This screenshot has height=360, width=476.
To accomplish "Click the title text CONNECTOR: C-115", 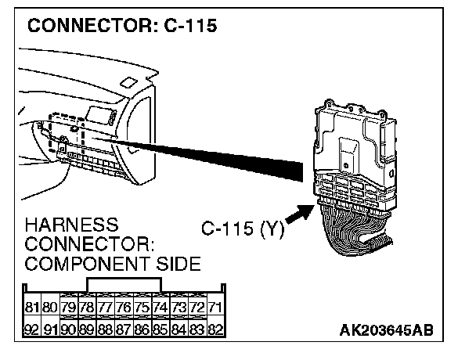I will tap(121, 25).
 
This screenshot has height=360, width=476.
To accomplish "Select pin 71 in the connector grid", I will tap(215, 307).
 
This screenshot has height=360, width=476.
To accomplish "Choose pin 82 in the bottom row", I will tap(215, 329).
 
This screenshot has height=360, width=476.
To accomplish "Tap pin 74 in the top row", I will tap(160, 307).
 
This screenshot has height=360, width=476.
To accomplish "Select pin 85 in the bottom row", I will tap(160, 329).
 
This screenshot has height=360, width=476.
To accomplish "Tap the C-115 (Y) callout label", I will tap(242, 230).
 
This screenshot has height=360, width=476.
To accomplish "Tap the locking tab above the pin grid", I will tap(124, 286).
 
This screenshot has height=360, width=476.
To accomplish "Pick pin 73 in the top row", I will tap(179, 307).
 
